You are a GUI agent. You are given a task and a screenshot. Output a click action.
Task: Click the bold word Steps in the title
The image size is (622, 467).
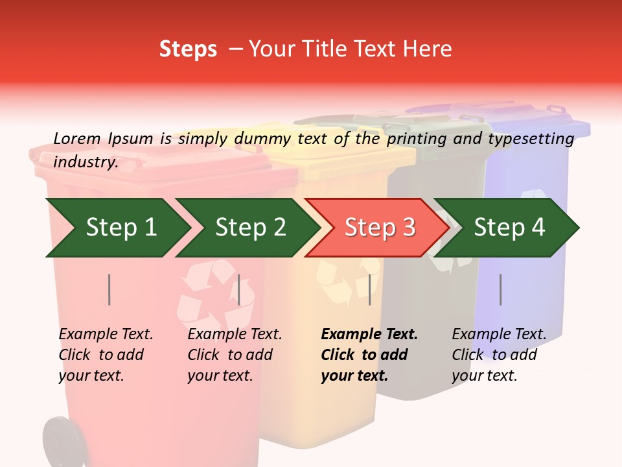click(188, 49)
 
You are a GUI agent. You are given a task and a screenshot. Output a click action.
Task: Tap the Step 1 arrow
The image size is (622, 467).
click(117, 228)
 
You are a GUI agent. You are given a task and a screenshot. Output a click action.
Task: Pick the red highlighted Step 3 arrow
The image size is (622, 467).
click(378, 228)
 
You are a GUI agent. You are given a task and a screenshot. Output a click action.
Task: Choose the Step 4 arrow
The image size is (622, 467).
click(509, 228)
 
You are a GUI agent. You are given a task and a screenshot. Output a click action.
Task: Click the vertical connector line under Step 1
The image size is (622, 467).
click(109, 289)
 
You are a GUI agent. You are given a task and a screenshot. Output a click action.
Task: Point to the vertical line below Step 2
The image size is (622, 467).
click(239, 289)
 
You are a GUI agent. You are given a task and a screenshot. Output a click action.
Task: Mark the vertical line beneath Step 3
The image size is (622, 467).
click(369, 289)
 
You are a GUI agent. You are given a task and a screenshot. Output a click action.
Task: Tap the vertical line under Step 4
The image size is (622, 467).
click(501, 289)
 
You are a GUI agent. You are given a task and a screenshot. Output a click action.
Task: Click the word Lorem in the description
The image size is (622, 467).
click(77, 138)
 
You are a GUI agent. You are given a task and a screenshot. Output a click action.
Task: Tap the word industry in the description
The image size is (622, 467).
click(85, 162)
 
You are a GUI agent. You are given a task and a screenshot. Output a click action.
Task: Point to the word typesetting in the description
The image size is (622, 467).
click(531, 138)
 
